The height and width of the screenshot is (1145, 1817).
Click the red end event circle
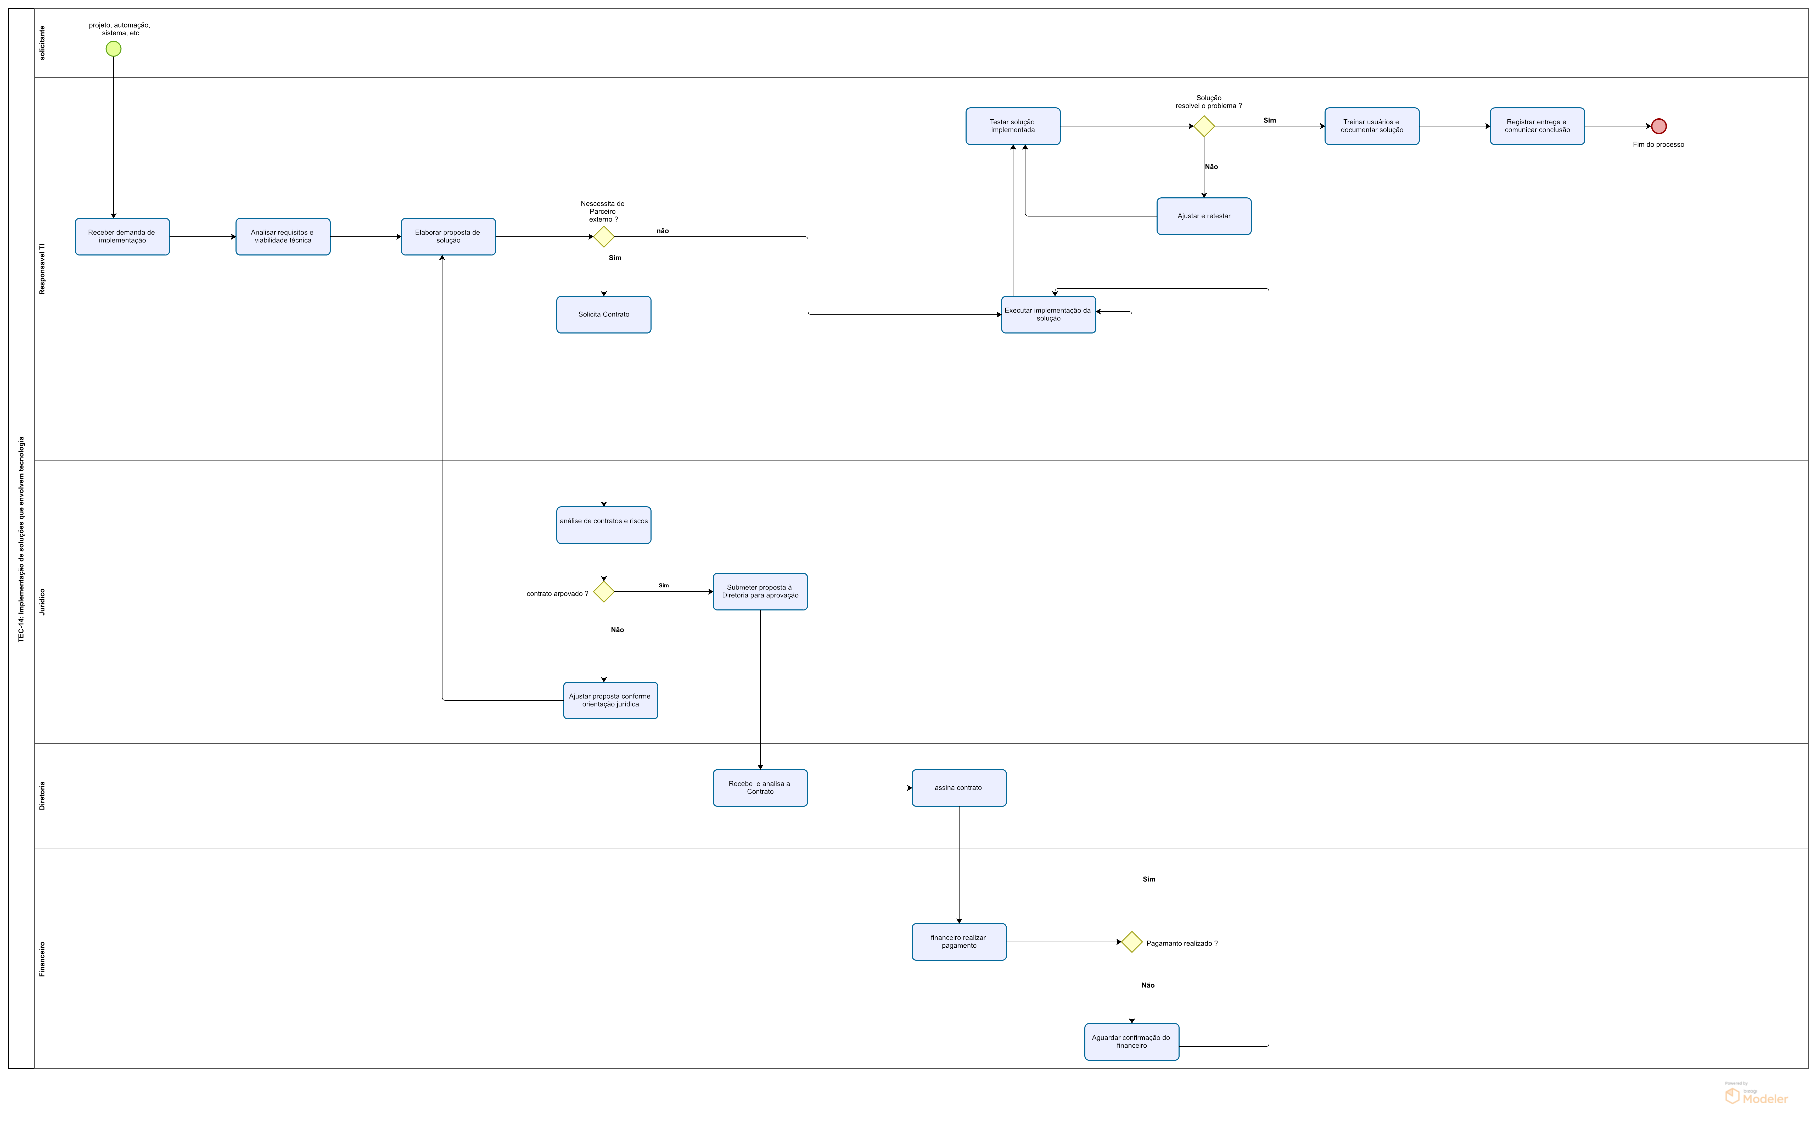(x=1658, y=126)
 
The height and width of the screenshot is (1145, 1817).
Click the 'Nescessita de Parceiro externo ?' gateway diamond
(x=604, y=237)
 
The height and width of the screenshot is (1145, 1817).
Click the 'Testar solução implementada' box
(x=1013, y=126)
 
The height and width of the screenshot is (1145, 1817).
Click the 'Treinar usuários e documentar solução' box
(x=1372, y=126)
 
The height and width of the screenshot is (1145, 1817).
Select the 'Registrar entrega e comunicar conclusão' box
(x=1537, y=126)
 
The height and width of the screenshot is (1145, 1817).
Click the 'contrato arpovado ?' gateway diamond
(x=604, y=592)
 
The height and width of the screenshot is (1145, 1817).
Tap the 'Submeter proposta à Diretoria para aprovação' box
(x=760, y=592)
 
